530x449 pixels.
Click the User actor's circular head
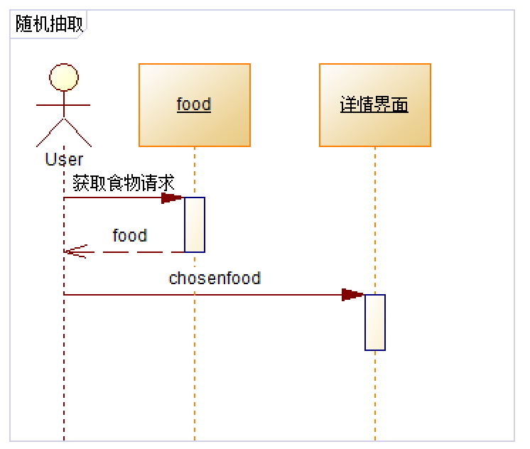pyautogui.click(x=64, y=77)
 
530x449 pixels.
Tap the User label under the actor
pyautogui.click(x=64, y=160)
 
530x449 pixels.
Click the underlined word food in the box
pyautogui.click(x=194, y=104)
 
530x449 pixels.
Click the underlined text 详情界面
pyautogui.click(x=374, y=105)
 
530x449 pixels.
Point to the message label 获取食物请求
pyautogui.click(x=123, y=183)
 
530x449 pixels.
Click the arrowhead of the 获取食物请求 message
pyautogui.click(x=173, y=198)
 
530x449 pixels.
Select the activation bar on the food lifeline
pyautogui.click(x=195, y=224)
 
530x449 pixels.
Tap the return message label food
pyautogui.click(x=129, y=235)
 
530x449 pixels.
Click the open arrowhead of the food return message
pyautogui.click(x=73, y=251)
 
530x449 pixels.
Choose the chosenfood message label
pyautogui.click(x=215, y=278)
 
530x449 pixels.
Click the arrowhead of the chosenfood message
pyautogui.click(x=353, y=295)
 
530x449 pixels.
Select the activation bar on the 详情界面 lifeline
pyautogui.click(x=375, y=322)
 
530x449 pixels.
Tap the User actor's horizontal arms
pyautogui.click(x=64, y=105)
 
